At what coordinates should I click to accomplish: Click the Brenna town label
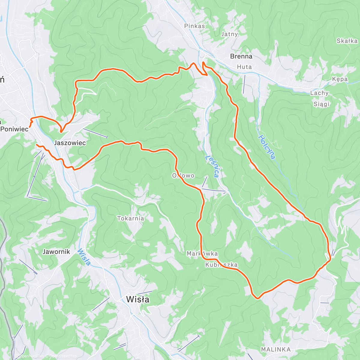pyautogui.click(x=241, y=56)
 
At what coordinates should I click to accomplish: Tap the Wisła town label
pyautogui.click(x=138, y=299)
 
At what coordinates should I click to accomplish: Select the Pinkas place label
pyautogui.click(x=194, y=26)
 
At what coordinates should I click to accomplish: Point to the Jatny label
pyautogui.click(x=229, y=34)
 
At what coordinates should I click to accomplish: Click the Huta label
pyautogui.click(x=244, y=67)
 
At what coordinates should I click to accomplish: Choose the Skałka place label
pyautogui.click(x=347, y=41)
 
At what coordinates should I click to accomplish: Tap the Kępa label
pyautogui.click(x=340, y=79)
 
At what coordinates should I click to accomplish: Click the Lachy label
pyautogui.click(x=319, y=93)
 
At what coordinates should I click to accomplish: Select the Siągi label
pyautogui.click(x=321, y=104)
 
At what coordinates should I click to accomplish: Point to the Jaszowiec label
pyautogui.click(x=70, y=143)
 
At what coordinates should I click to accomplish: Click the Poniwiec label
pyautogui.click(x=14, y=129)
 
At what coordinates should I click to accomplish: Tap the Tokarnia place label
pyautogui.click(x=130, y=218)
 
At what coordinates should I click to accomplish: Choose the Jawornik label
pyautogui.click(x=56, y=252)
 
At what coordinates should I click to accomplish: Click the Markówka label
pyautogui.click(x=202, y=254)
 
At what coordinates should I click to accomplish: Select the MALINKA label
pyautogui.click(x=276, y=349)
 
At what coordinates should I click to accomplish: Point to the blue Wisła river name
pyautogui.click(x=84, y=257)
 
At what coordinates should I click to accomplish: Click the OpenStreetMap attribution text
pyautogui.click(x=63, y=356)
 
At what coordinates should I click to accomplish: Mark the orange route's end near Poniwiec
pyautogui.click(x=30, y=127)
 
